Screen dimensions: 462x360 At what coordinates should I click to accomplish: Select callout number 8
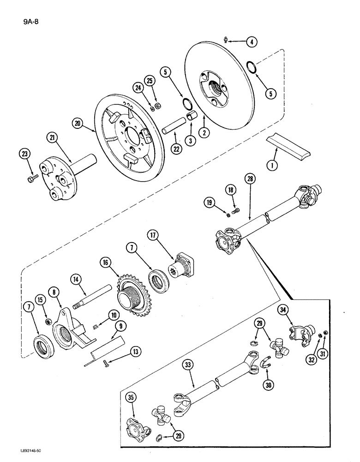[x=55, y=292]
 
